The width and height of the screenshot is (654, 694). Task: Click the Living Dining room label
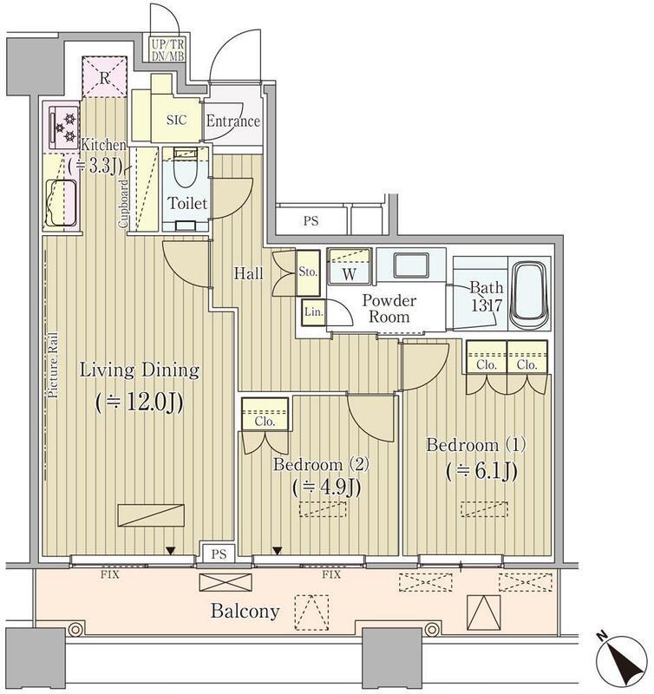(x=140, y=370)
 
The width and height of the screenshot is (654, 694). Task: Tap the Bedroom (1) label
(x=475, y=444)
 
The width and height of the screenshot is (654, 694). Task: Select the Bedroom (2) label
(x=321, y=464)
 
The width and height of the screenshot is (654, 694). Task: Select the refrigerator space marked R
(x=105, y=77)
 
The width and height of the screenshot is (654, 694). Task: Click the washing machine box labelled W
(x=349, y=266)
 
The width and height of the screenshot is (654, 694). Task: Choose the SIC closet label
(x=177, y=120)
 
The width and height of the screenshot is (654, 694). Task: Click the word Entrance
(x=232, y=121)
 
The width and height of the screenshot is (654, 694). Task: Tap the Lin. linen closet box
(x=313, y=311)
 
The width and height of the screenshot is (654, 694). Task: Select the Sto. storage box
(x=308, y=272)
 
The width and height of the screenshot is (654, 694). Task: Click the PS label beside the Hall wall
(x=311, y=220)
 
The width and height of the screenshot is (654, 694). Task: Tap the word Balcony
(x=245, y=612)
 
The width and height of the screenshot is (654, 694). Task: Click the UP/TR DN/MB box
(x=167, y=49)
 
